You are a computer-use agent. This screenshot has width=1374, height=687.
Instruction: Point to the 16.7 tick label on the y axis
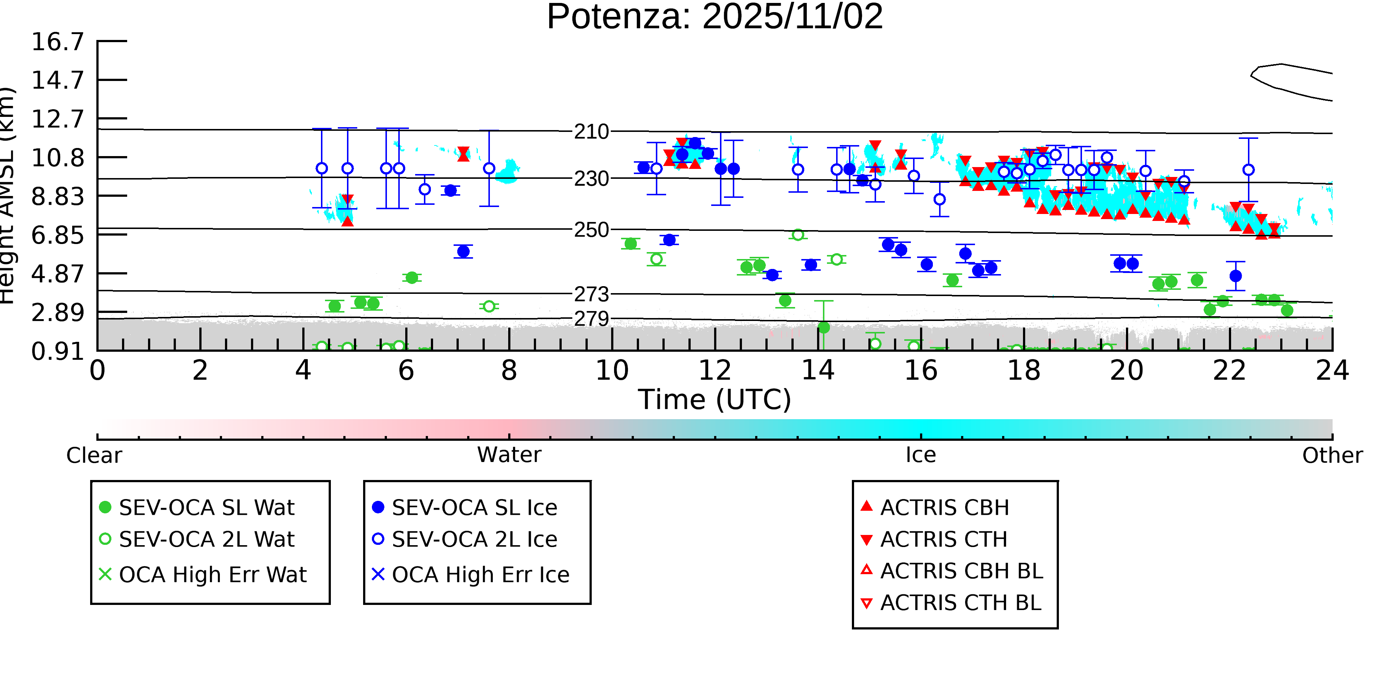click(58, 42)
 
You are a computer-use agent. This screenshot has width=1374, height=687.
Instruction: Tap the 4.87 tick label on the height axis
click(58, 274)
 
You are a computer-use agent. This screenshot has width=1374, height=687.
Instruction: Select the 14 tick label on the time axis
click(818, 370)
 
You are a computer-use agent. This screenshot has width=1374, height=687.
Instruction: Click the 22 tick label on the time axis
click(1229, 370)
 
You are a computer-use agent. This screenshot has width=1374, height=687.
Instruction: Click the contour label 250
click(591, 230)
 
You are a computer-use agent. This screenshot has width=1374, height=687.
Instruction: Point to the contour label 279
click(591, 319)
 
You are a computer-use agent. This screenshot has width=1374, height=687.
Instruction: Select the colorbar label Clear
click(94, 455)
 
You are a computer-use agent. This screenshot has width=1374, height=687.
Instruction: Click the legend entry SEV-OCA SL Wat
click(206, 507)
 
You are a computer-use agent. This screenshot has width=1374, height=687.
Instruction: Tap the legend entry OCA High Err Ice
click(480, 575)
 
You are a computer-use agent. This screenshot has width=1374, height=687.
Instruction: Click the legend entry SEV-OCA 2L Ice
click(474, 539)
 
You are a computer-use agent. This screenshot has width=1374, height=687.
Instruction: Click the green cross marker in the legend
click(105, 575)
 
